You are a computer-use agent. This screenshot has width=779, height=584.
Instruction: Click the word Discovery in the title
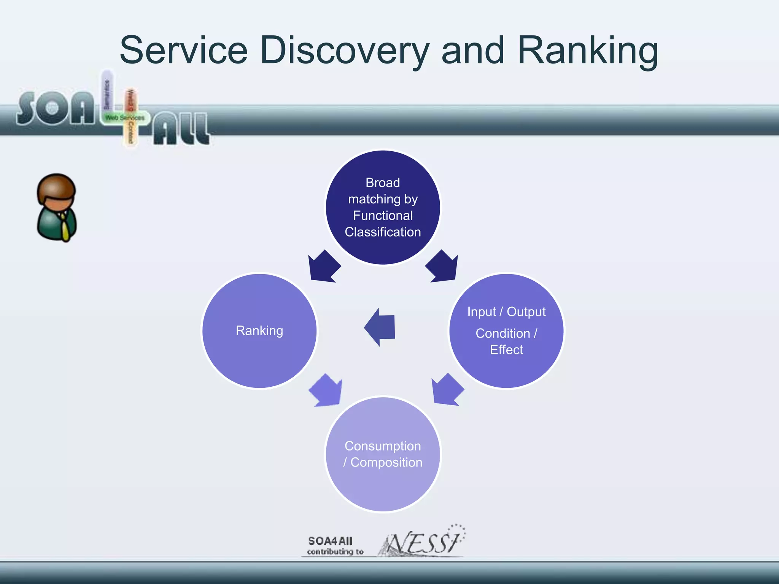[x=344, y=51]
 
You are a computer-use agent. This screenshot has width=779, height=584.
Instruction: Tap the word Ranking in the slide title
[x=588, y=51]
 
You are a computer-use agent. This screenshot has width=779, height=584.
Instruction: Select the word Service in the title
[x=183, y=51]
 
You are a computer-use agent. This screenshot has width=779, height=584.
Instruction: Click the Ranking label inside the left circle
[x=259, y=331]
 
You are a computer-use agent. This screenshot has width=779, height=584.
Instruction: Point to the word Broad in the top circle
[x=383, y=183]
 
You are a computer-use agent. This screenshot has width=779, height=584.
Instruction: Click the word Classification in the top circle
[x=383, y=232]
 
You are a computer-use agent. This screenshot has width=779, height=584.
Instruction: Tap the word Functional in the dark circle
[x=383, y=216]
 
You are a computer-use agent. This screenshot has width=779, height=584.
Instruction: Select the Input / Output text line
[x=506, y=312]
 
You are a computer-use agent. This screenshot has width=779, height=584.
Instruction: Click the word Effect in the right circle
[x=506, y=350]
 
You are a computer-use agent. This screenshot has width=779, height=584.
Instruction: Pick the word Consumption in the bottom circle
[x=383, y=446]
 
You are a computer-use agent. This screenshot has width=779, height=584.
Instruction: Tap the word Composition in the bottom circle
[x=386, y=462]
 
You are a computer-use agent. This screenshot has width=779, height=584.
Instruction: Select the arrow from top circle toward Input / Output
[x=443, y=267]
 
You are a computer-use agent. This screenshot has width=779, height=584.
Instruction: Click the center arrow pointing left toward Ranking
[x=380, y=327]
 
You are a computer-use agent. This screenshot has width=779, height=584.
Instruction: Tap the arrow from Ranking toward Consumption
[x=326, y=391]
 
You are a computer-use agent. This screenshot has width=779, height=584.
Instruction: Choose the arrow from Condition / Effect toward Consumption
[x=447, y=390]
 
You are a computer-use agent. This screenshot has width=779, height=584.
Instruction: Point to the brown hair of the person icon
[x=56, y=186]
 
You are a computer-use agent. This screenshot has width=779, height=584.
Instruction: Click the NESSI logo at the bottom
[x=422, y=542]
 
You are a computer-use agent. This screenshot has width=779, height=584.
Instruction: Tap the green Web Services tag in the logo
[x=125, y=118]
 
